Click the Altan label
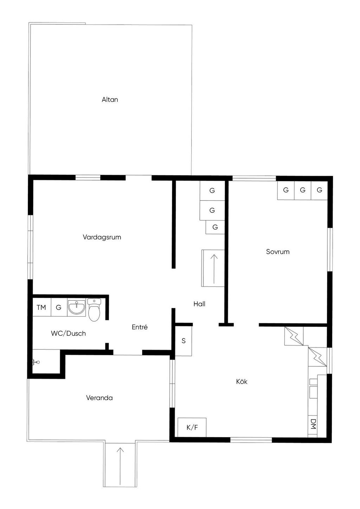110,99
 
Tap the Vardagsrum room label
102,237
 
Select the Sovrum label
277,252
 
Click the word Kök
242,381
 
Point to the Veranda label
99,398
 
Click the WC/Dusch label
68,333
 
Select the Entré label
140,327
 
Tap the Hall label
199,304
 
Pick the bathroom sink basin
76,307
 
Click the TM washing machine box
41,307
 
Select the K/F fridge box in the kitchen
192,427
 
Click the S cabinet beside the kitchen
184,341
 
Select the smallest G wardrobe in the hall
215,227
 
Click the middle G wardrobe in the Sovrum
302,190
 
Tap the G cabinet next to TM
59,307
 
